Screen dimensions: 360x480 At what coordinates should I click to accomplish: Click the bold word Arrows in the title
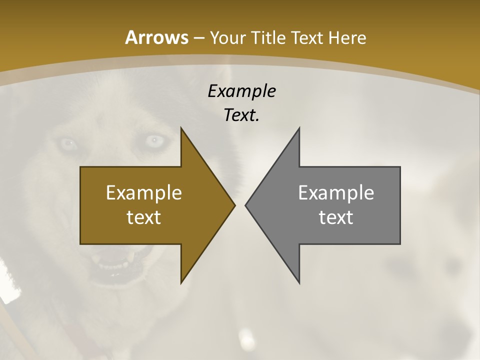(156, 37)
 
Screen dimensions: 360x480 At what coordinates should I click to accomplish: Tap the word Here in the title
(348, 37)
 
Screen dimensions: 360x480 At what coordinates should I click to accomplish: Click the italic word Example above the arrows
(241, 91)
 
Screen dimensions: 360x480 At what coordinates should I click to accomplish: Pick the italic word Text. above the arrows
(241, 115)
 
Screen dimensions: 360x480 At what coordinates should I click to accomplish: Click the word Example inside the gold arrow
(144, 192)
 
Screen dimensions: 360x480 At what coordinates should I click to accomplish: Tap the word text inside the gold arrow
(144, 217)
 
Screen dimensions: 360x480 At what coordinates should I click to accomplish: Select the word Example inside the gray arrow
(336, 192)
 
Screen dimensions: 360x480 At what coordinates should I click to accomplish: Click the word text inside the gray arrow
(336, 217)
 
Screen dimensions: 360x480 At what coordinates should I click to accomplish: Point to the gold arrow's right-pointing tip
(234, 205)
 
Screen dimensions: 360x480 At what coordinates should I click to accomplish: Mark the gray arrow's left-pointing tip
(246, 205)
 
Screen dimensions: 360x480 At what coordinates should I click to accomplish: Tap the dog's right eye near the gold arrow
(156, 140)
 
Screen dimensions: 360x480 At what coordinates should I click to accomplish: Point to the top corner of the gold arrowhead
(181, 128)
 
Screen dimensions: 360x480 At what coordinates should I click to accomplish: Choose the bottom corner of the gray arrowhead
(299, 283)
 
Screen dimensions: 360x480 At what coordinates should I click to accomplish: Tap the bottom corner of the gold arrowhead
(181, 283)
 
